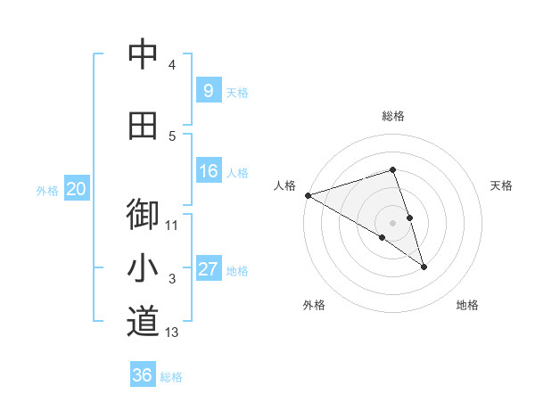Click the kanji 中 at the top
click(x=143, y=54)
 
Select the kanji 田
click(x=143, y=126)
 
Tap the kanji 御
click(x=143, y=213)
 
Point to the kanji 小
click(x=143, y=267)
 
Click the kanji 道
click(x=143, y=321)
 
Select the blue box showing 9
click(x=208, y=90)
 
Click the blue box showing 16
click(x=208, y=171)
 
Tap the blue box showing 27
click(x=208, y=269)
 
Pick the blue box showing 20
click(x=77, y=189)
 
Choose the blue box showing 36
click(x=143, y=375)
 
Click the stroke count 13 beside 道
click(x=172, y=333)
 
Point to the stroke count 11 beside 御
click(x=172, y=225)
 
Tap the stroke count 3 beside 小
click(x=172, y=279)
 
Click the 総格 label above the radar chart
click(x=393, y=116)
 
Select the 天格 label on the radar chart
click(x=501, y=185)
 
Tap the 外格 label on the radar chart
click(x=314, y=305)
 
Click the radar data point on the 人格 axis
click(x=308, y=194)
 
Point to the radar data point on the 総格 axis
click(x=393, y=170)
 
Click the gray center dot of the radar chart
click(x=393, y=222)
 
